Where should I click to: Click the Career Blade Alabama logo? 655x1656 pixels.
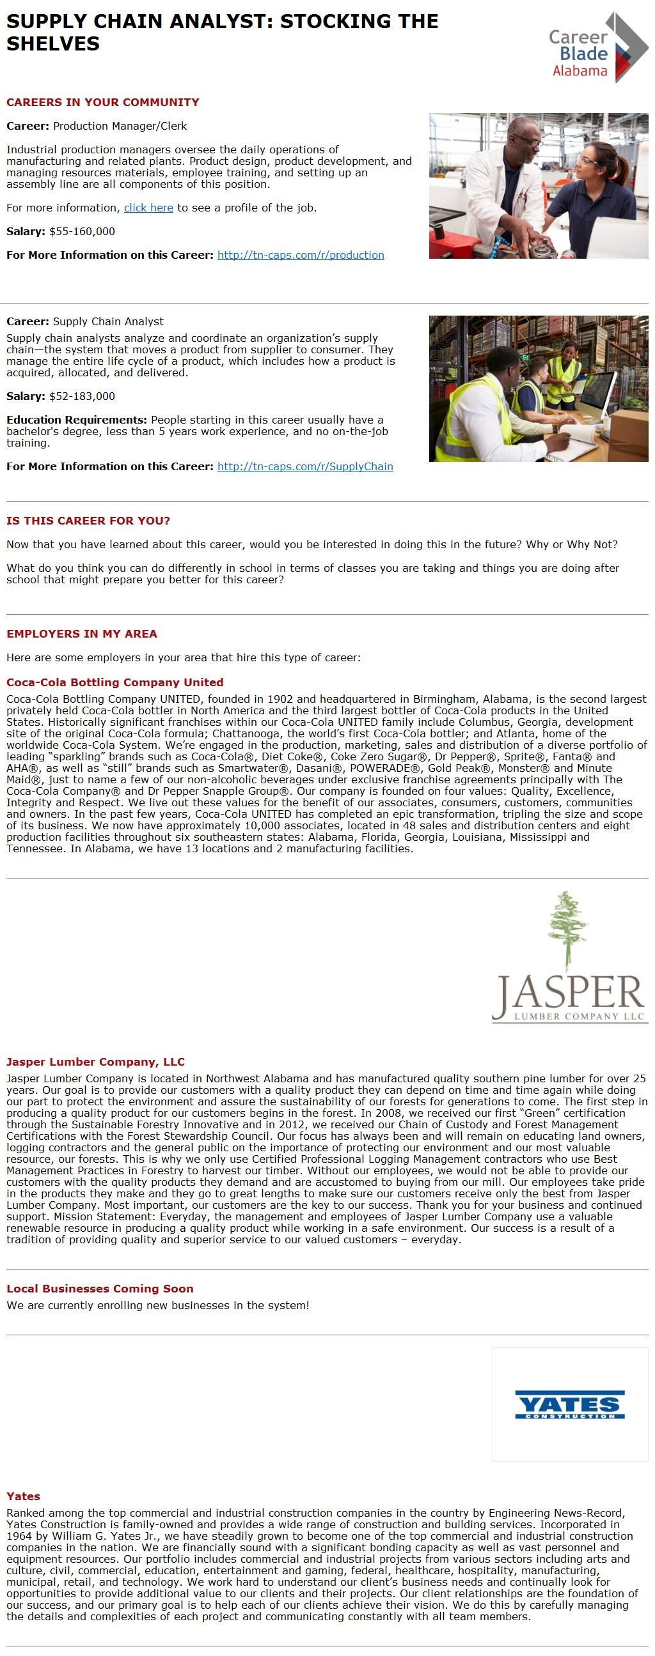[597, 48]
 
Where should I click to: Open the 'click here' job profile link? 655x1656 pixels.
[148, 208]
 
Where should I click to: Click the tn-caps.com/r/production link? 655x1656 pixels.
[301, 254]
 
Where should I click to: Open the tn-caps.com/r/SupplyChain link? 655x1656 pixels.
[305, 466]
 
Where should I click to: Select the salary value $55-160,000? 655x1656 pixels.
[82, 231]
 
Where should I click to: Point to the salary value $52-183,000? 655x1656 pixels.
[82, 396]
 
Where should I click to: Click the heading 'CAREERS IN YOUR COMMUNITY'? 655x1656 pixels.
[102, 102]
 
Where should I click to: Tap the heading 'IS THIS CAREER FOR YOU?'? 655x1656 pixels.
[88, 521]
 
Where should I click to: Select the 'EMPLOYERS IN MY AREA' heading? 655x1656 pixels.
[82, 634]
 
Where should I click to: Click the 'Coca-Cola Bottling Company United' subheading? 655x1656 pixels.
[114, 682]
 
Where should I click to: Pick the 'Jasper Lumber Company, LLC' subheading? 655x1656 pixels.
[95, 1061]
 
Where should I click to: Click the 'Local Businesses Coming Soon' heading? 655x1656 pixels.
[100, 1288]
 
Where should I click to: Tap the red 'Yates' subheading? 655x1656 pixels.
[23, 1496]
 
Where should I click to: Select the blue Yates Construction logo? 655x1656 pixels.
[569, 1405]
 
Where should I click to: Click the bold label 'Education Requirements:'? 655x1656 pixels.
[77, 420]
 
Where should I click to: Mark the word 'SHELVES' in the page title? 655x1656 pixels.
[52, 43]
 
